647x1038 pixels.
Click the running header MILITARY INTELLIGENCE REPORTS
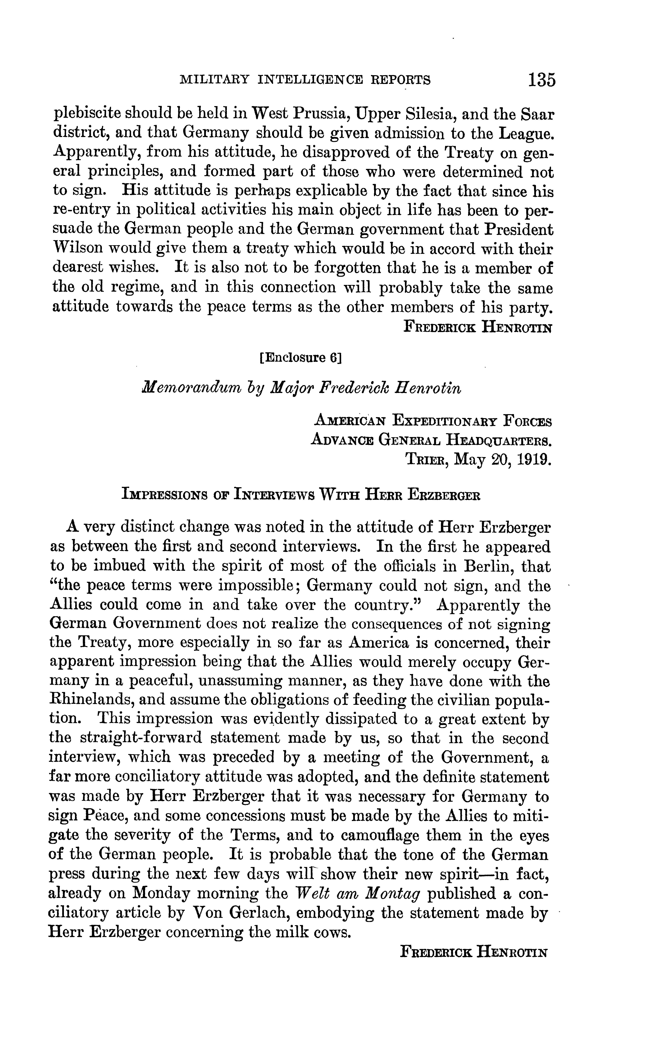click(x=305, y=80)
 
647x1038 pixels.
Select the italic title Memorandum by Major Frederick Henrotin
click(x=302, y=388)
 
